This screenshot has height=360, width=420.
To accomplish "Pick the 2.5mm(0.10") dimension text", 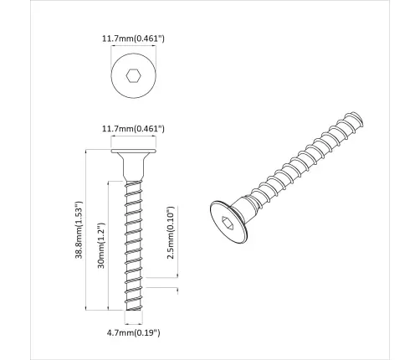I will [171, 234].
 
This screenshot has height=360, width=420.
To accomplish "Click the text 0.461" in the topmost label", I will [150, 38].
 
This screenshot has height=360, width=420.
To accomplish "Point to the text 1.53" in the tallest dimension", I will [77, 213].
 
